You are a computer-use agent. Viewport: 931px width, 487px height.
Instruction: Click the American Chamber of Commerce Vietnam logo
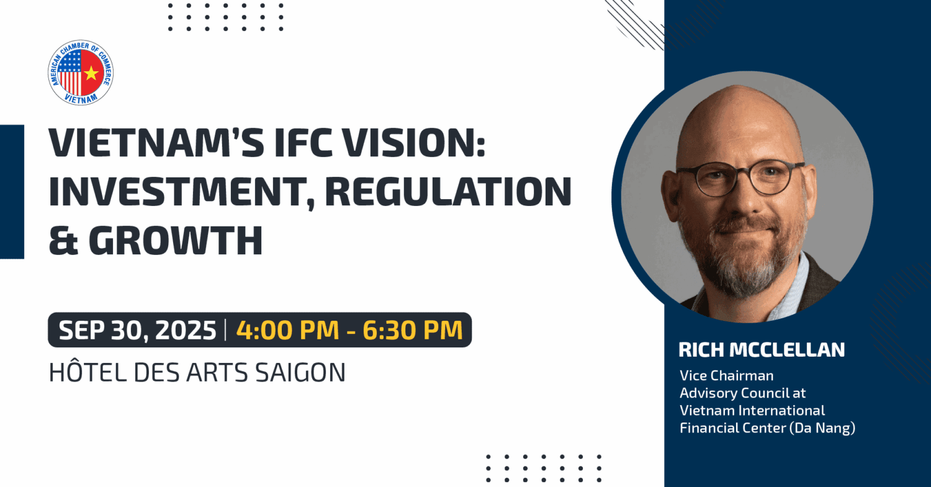tap(81, 73)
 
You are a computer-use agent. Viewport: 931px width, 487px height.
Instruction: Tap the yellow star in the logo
tap(91, 74)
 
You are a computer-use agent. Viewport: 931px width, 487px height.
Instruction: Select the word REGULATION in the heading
tap(448, 191)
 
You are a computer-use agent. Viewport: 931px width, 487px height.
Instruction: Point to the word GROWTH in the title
tap(176, 240)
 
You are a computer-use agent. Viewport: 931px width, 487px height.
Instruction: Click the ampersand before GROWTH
tap(63, 240)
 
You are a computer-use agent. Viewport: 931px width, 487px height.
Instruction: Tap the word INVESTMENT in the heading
tap(181, 192)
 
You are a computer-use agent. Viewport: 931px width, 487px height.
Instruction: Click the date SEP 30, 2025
tap(138, 330)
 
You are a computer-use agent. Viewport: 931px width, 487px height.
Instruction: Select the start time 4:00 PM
tap(287, 330)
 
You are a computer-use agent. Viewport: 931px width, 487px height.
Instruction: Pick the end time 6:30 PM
tap(413, 330)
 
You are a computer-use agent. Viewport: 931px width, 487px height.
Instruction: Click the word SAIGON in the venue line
tap(300, 372)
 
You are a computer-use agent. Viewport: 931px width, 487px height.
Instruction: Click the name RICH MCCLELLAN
tap(762, 349)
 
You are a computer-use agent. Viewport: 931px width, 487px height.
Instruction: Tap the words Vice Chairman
tap(727, 375)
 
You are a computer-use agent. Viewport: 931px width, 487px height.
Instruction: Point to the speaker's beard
tap(744, 257)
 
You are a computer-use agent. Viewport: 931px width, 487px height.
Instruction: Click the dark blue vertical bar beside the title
tap(12, 192)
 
